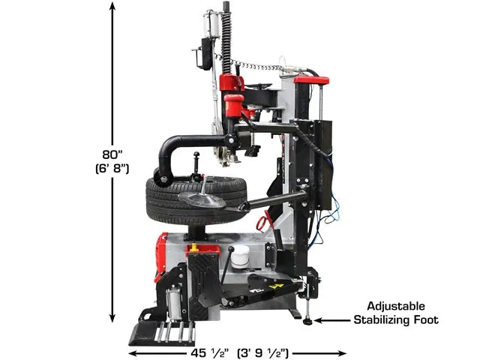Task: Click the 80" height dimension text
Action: (112, 154)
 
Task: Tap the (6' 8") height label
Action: (112, 169)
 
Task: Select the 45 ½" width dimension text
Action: (210, 353)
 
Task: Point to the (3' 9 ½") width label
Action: (263, 353)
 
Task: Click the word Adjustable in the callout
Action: (396, 306)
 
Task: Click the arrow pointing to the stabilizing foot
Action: (332, 320)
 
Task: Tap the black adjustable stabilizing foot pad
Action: (307, 322)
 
